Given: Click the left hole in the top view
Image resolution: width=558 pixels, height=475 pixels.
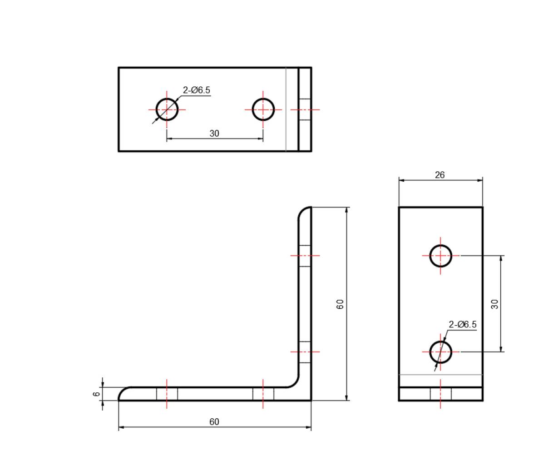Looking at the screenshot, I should (x=167, y=109).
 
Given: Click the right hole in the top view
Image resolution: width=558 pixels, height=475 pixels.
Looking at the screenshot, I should (x=263, y=109).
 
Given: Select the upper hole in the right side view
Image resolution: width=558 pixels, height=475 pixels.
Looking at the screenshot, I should (x=440, y=256).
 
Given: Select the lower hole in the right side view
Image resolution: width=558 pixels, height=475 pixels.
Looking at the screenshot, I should (x=440, y=352).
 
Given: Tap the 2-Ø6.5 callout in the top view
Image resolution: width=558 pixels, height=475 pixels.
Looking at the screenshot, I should (x=197, y=90).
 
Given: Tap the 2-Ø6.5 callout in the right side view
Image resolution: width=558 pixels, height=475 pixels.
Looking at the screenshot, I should (x=462, y=325).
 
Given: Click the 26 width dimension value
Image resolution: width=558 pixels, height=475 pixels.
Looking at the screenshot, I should (x=439, y=175).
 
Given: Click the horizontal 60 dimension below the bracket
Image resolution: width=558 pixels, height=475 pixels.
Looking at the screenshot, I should (x=214, y=422).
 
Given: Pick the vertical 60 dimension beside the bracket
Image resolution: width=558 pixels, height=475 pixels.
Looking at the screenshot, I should (x=340, y=304).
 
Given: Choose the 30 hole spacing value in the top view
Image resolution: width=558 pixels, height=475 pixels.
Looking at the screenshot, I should (x=214, y=134).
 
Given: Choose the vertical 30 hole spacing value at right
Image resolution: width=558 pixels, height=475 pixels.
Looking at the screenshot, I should (x=495, y=304).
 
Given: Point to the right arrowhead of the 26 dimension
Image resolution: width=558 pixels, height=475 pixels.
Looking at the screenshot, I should (x=480, y=180).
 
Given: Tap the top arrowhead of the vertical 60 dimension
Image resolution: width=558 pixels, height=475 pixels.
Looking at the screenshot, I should (x=347, y=210).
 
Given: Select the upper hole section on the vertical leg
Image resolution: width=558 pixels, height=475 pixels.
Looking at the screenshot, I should (x=305, y=256).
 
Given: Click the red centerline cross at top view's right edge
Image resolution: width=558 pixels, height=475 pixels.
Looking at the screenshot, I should (x=305, y=109).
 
